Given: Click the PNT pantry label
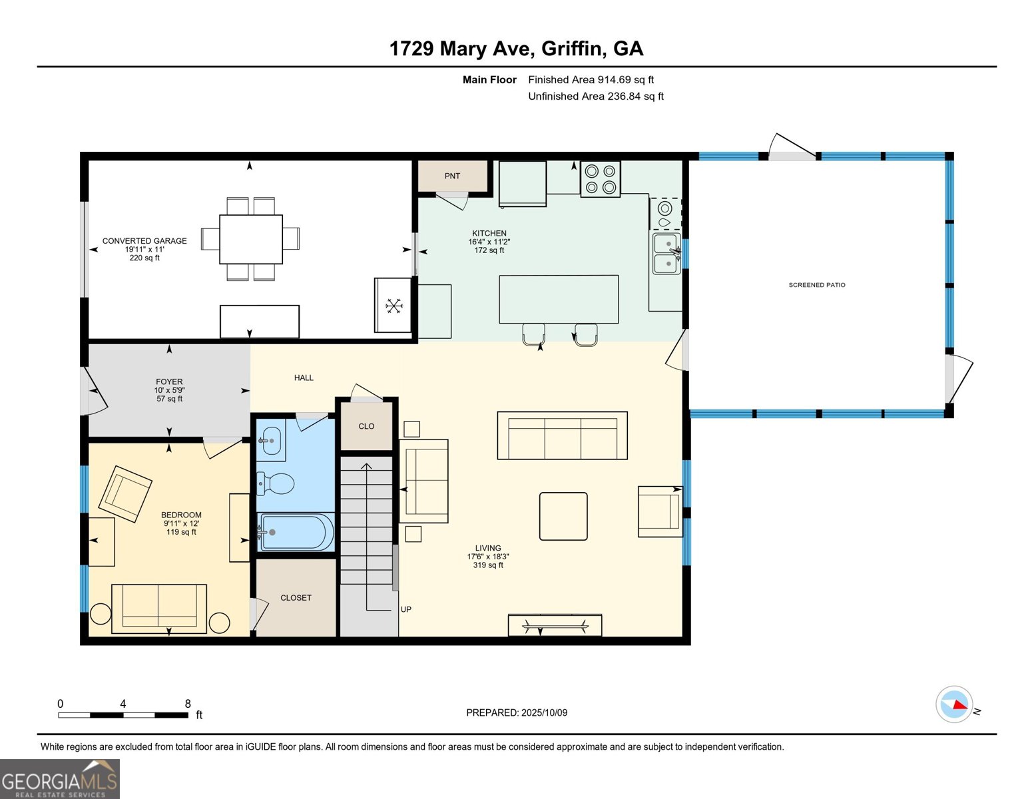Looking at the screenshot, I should [452, 176].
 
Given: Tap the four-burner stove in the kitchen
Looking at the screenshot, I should [600, 179].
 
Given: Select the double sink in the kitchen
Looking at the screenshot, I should [666, 254].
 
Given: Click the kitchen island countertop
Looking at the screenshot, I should [559, 299].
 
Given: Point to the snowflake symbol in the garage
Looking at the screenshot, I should [394, 306].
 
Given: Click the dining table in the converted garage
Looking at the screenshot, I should [251, 239].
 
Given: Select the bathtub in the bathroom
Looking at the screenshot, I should [296, 532].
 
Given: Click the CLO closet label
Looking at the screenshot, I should [366, 426].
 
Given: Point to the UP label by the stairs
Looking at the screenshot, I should [406, 609].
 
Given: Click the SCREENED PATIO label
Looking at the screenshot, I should [817, 285].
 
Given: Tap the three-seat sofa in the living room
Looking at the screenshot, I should [562, 435].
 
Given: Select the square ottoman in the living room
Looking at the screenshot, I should [563, 516].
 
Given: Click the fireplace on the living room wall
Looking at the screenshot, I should [555, 625].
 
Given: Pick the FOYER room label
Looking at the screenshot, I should [169, 382].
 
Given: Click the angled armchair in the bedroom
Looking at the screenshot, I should [125, 493].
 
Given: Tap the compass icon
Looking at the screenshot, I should [954, 704].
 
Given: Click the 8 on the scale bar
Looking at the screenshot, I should [188, 704].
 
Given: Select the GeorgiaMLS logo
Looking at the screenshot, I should [60, 779].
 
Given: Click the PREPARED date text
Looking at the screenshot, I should [517, 712].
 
